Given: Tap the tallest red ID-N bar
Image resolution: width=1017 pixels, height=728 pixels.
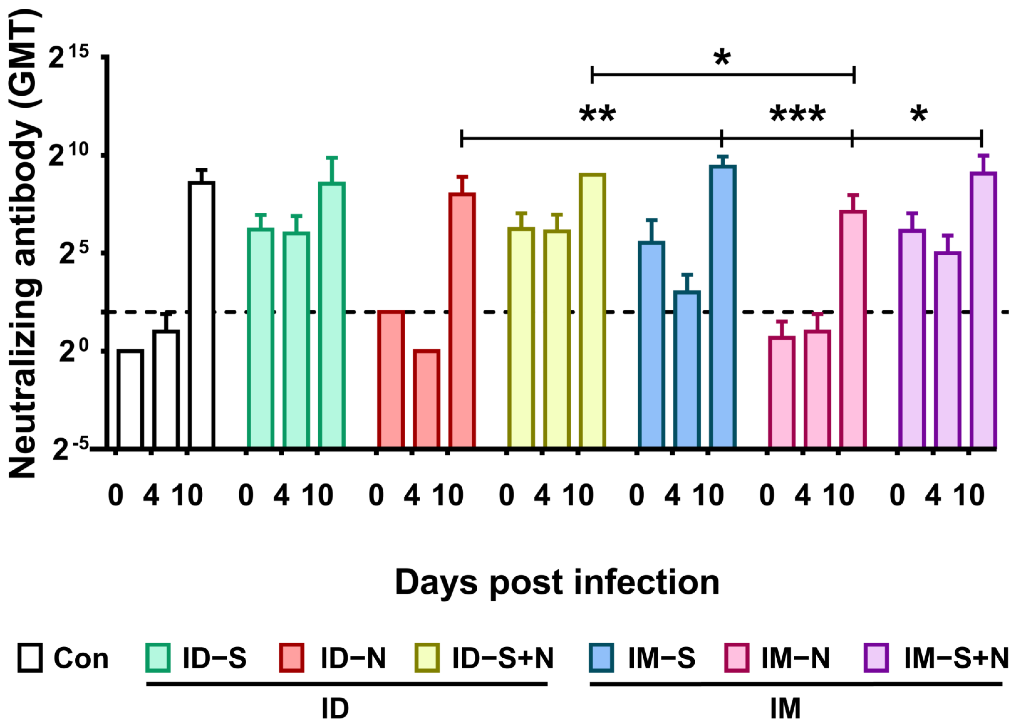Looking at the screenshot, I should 462,321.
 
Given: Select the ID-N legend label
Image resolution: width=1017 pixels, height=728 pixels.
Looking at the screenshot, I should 353,658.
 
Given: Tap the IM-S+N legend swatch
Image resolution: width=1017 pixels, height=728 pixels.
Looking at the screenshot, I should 876,658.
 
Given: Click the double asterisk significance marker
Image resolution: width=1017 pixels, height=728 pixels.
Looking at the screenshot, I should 598,114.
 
